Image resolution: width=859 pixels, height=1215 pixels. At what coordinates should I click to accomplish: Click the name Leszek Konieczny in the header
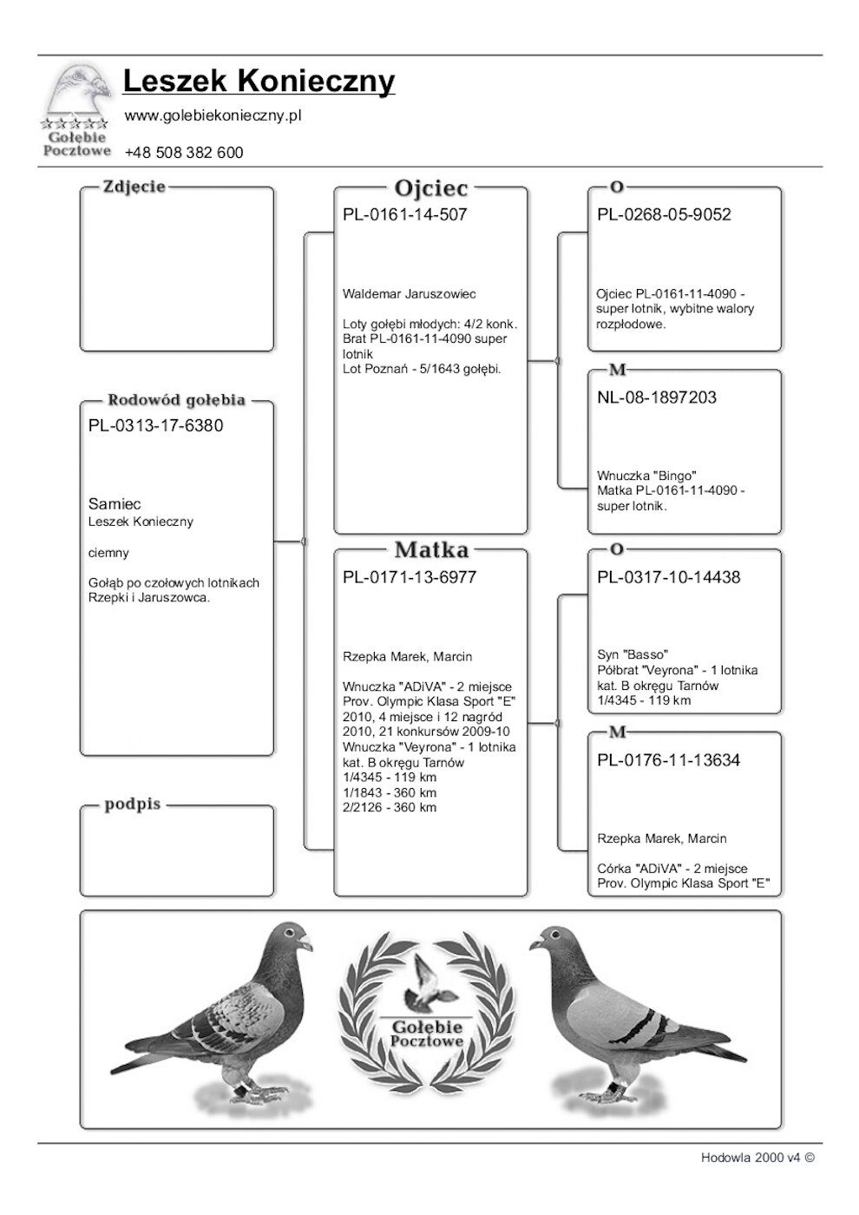pyautogui.click(x=259, y=81)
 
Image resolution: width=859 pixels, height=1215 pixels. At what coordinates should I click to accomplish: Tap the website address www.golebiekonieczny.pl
pyautogui.click(x=213, y=115)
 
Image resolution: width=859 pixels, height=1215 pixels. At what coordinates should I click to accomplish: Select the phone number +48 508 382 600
pyautogui.click(x=184, y=153)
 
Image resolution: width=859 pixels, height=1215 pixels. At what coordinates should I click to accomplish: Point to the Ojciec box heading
pyautogui.click(x=430, y=187)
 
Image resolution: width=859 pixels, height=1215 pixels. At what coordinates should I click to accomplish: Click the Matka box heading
pyautogui.click(x=430, y=549)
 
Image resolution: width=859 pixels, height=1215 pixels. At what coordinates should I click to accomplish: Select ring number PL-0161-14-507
pyautogui.click(x=404, y=215)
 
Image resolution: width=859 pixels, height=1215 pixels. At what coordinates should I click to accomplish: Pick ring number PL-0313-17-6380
pyautogui.click(x=155, y=426)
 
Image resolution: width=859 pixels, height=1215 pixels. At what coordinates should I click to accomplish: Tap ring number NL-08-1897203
pyautogui.click(x=657, y=398)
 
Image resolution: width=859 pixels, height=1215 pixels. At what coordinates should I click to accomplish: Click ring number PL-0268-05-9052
pyautogui.click(x=664, y=215)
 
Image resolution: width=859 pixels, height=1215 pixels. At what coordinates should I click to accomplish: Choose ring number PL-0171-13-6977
pyautogui.click(x=410, y=578)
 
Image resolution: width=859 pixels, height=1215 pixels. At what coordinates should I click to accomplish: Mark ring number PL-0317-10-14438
pyautogui.click(x=668, y=578)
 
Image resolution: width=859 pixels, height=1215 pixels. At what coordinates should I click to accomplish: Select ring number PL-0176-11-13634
pyautogui.click(x=668, y=761)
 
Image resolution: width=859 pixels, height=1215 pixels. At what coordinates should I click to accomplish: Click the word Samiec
pyautogui.click(x=115, y=504)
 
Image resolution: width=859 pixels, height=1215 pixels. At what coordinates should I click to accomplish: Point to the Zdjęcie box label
pyautogui.click(x=134, y=187)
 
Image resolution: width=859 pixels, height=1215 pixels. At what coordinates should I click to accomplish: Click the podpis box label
pyautogui.click(x=133, y=805)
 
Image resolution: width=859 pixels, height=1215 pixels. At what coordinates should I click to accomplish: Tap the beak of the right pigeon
pyautogui.click(x=532, y=942)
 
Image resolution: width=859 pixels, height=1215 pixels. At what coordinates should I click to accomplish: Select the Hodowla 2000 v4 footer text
pyautogui.click(x=757, y=1157)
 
